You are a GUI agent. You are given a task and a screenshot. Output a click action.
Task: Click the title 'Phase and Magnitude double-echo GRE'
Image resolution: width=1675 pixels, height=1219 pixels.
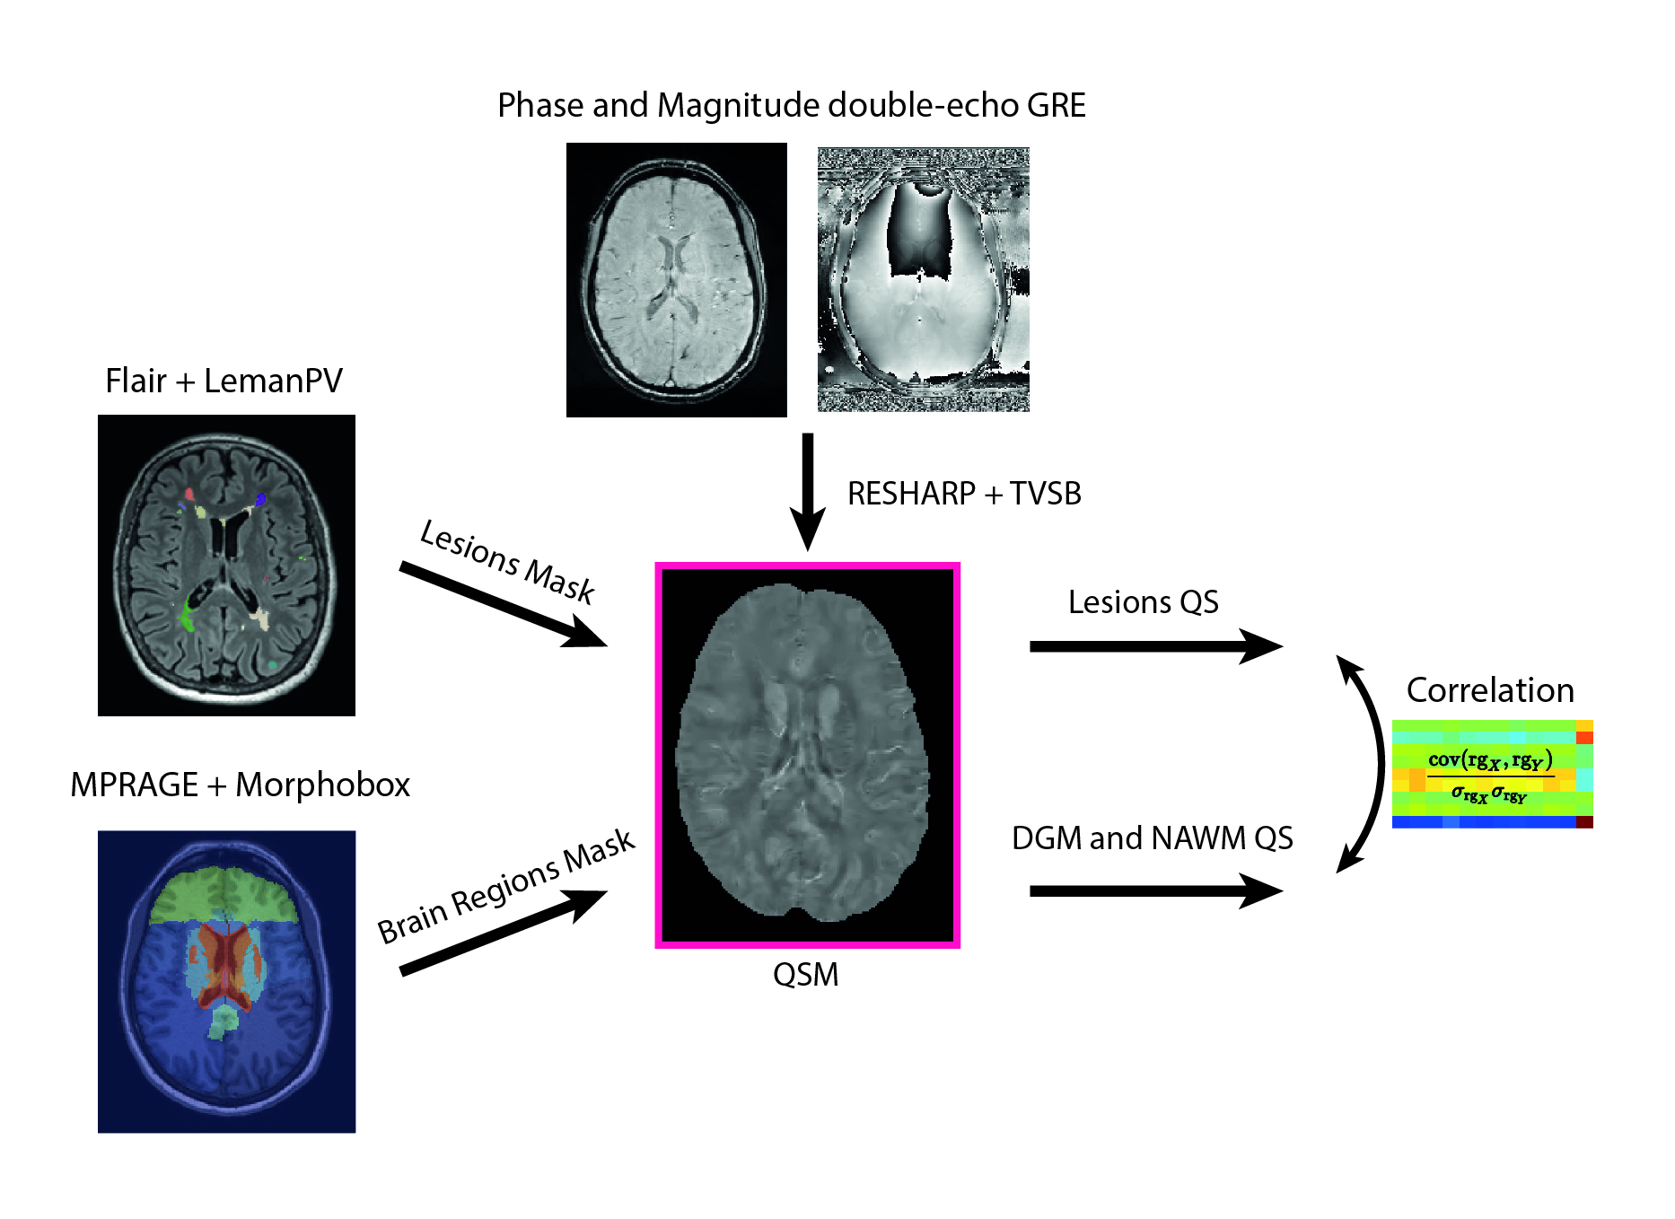point(791,106)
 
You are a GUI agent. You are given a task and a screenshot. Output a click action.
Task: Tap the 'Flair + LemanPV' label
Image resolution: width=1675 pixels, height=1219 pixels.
point(224,381)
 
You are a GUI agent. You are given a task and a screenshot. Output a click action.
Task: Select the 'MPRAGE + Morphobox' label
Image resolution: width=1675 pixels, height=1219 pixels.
point(240,785)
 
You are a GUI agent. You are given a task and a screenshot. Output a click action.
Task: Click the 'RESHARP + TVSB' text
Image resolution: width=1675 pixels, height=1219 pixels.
point(964,494)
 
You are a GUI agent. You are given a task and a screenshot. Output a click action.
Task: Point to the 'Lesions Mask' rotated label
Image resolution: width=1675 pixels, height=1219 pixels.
point(507,561)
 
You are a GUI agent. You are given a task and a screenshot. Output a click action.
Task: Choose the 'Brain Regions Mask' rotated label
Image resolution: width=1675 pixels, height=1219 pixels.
point(505,886)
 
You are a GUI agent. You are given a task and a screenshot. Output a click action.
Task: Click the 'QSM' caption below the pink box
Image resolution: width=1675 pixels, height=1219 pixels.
point(805,975)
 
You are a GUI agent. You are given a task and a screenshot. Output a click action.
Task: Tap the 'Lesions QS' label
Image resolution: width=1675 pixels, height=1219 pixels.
point(1143,602)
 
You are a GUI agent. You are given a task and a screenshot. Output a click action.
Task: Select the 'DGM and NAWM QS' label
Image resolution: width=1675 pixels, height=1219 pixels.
point(1152,838)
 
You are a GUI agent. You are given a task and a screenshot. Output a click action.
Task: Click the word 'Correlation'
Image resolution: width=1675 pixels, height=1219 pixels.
point(1490,690)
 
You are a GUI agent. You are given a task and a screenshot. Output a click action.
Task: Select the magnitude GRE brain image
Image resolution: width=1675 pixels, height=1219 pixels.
point(676,280)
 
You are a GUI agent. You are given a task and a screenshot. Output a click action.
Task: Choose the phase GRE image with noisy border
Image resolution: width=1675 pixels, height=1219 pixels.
point(923,280)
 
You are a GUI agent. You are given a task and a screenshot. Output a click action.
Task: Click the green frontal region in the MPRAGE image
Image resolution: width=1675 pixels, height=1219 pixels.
point(224,895)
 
